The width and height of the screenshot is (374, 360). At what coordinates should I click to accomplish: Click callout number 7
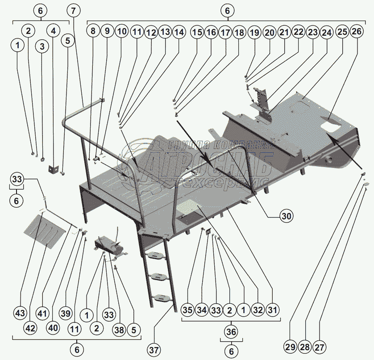click(75, 10)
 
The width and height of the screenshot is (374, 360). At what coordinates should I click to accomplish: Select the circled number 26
click(357, 32)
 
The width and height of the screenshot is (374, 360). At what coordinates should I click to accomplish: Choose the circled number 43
click(20, 313)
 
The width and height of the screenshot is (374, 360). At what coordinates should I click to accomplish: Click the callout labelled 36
click(231, 332)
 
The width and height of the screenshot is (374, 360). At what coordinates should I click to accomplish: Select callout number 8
click(93, 32)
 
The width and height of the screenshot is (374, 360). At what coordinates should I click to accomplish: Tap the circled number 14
click(179, 32)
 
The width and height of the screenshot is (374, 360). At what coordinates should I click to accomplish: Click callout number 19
click(254, 32)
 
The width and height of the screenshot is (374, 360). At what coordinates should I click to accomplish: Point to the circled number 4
click(54, 31)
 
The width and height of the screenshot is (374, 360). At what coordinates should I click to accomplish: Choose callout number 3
click(42, 47)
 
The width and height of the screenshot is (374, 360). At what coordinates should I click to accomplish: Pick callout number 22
click(299, 32)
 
